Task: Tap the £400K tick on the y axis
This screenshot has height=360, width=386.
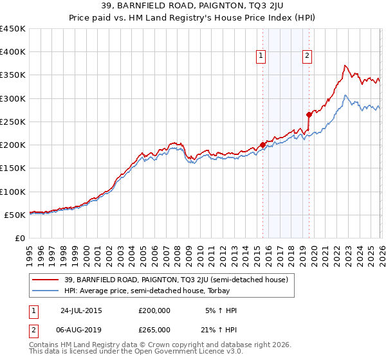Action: [x=13, y=52]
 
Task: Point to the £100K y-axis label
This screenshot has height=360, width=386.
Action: [x=13, y=192]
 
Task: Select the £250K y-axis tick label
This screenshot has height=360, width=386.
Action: [x=13, y=122]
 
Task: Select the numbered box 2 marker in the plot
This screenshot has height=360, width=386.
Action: [x=308, y=57]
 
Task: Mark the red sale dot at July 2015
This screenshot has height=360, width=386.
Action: [x=262, y=145]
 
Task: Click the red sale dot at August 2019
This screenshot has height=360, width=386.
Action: [x=309, y=114]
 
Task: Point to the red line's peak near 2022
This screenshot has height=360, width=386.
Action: [x=345, y=65]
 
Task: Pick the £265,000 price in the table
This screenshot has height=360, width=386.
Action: [x=154, y=329]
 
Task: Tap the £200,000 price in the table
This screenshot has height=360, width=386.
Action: [x=154, y=310]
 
